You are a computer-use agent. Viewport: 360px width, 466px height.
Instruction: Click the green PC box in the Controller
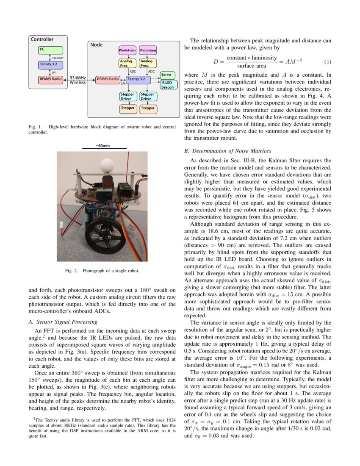click(x=50, y=50)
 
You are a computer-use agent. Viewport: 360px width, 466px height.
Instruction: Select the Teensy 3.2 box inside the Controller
click(x=50, y=65)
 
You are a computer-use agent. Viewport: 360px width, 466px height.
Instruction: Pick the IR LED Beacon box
click(x=167, y=84)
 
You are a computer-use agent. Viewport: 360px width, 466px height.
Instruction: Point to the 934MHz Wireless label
click(x=78, y=80)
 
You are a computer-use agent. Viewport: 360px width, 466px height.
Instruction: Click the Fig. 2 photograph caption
click(x=102, y=270)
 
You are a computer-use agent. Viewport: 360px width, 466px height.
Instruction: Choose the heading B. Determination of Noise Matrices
click(x=228, y=151)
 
